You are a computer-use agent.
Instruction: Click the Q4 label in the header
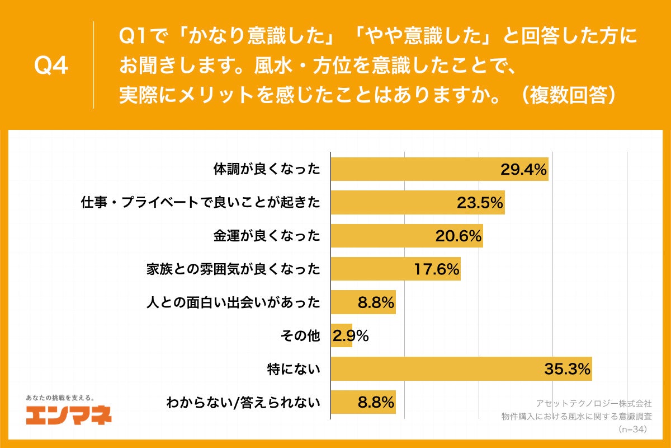(51, 66)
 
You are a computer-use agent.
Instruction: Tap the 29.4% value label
(523, 170)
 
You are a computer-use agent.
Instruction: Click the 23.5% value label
(480, 203)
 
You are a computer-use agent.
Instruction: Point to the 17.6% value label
(436, 269)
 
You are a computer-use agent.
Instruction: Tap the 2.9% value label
(351, 336)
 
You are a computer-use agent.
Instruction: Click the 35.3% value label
(567, 369)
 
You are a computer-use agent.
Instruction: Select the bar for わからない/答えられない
(363, 402)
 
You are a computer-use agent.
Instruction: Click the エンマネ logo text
(69, 416)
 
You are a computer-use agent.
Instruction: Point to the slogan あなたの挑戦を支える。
(60, 398)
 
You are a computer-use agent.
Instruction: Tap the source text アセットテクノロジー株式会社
(593, 403)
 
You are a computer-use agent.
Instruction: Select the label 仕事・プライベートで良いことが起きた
(201, 203)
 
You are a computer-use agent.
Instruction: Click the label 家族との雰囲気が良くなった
(233, 269)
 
